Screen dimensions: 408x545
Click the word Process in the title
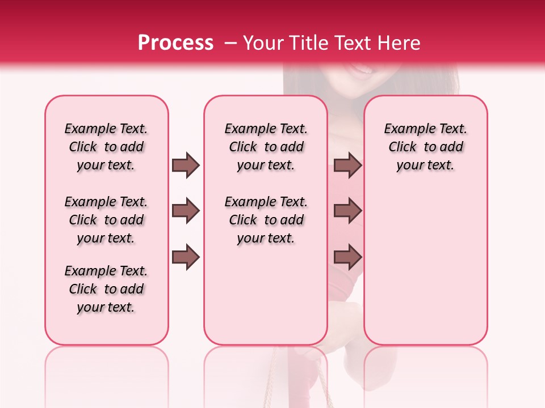[175, 43]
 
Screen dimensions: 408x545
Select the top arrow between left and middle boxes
[186, 165]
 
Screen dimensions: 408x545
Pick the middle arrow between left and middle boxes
[186, 211]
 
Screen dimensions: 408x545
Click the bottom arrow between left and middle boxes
[186, 257]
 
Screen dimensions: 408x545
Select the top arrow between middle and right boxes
[347, 165]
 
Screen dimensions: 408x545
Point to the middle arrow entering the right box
[347, 211]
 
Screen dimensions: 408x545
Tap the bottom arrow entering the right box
[347, 257]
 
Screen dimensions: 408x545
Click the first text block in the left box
[106, 147]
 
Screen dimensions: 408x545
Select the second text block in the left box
[106, 220]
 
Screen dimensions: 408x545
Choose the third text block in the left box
[106, 289]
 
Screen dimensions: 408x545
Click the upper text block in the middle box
[266, 147]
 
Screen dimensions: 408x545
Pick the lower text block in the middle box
[266, 220]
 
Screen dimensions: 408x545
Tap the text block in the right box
[425, 147]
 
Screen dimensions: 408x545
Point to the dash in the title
[230, 44]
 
